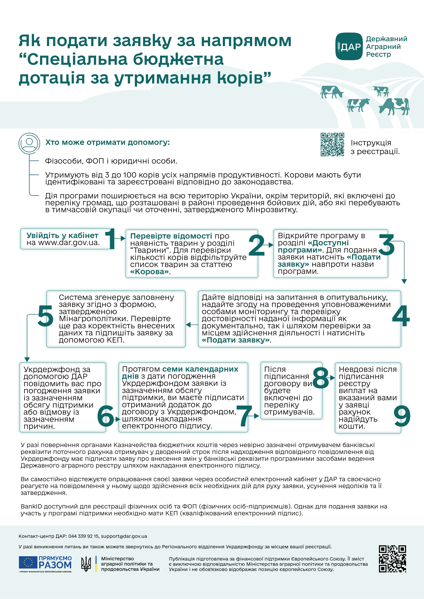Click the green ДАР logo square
pyautogui.click(x=349, y=46)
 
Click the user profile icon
pyautogui.click(x=29, y=143)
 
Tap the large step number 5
pyautogui.click(x=45, y=316)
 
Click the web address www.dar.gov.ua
pyautogui.click(x=69, y=243)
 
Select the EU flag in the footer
pyautogui.click(x=28, y=562)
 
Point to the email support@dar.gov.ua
pyautogui.click(x=124, y=536)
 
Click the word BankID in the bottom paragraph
pyautogui.click(x=31, y=506)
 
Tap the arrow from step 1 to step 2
pyautogui.click(x=123, y=238)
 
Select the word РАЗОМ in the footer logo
pyautogui.click(x=55, y=565)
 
